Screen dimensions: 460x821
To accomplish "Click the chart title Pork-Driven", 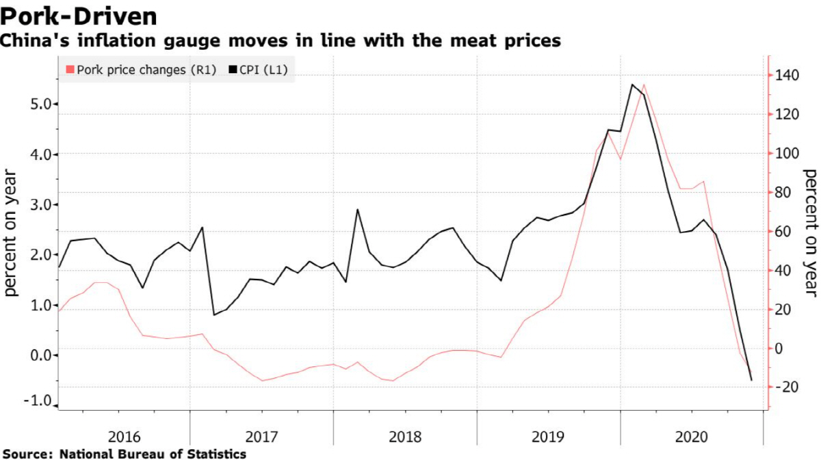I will point(79,15).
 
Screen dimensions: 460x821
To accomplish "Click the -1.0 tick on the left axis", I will point(40,401).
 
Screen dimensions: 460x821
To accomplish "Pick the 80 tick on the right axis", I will point(785,192).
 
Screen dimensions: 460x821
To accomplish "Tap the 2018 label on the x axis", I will point(405,435).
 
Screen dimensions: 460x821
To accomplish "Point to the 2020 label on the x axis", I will point(691,435).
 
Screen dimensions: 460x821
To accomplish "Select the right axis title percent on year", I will point(811,232).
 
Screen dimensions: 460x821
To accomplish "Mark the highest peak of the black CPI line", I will point(631,85).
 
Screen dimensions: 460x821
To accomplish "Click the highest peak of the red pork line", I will point(644,85).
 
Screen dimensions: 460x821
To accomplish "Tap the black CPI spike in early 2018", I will point(357,210).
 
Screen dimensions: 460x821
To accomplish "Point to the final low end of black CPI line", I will point(752,380).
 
